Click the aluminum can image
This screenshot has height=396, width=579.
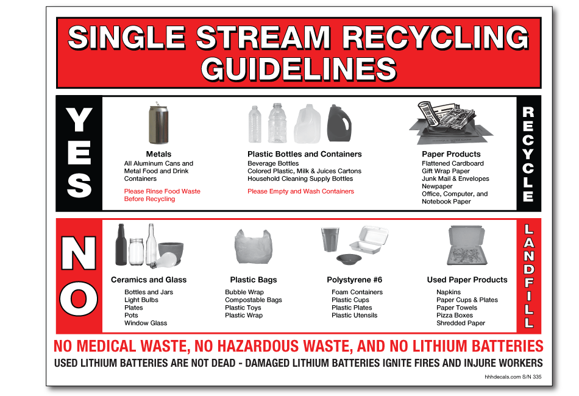tap(158, 124)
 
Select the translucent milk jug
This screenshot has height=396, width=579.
tap(307, 125)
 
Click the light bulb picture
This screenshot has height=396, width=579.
tap(166, 260)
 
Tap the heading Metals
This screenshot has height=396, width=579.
tap(158, 154)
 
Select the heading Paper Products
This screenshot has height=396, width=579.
tap(451, 154)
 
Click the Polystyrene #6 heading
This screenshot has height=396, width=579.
tap(355, 280)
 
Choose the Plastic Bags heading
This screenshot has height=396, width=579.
tap(254, 280)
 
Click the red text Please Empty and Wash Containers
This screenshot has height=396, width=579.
tap(300, 191)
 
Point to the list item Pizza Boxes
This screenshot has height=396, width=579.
tap(455, 316)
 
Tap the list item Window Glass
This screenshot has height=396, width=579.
tap(146, 323)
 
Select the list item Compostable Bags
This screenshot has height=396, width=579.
tap(254, 300)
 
